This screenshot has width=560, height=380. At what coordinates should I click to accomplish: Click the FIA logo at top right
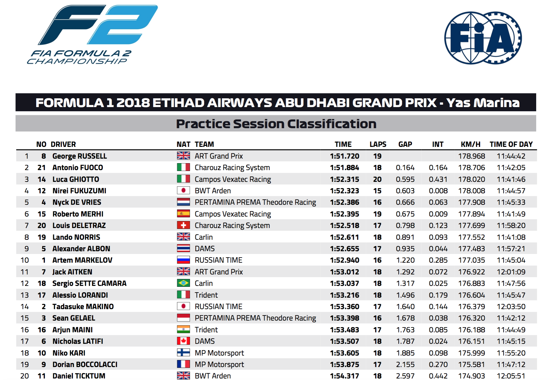point(483,38)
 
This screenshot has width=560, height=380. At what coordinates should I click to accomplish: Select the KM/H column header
point(470,144)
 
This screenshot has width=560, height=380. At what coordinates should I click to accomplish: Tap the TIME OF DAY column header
point(511,144)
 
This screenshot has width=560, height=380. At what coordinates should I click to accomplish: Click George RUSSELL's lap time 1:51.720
point(344,156)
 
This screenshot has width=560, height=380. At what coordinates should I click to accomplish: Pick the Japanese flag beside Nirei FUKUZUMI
point(183,191)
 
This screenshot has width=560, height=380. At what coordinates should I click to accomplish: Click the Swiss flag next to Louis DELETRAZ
point(183,225)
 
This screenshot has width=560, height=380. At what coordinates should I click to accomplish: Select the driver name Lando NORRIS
point(76,237)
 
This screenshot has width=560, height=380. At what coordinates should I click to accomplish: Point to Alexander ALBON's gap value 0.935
point(405,249)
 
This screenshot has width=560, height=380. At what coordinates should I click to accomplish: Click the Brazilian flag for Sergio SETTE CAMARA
point(183,283)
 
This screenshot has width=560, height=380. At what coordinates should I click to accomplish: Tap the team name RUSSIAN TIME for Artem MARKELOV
point(219,260)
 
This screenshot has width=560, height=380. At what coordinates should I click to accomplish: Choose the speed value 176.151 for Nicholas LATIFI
point(472,341)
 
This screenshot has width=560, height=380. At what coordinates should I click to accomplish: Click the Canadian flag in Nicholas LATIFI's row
point(183,341)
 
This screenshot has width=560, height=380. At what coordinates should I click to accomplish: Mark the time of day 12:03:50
point(511,307)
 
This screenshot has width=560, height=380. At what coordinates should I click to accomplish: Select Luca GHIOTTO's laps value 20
point(377,179)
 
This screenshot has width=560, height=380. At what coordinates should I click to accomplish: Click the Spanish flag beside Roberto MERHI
point(183,214)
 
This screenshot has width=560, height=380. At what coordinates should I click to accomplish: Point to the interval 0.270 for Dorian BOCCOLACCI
point(438,365)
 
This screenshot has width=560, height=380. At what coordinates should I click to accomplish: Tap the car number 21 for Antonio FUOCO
point(42,168)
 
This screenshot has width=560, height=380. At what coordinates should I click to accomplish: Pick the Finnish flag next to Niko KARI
point(183,353)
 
